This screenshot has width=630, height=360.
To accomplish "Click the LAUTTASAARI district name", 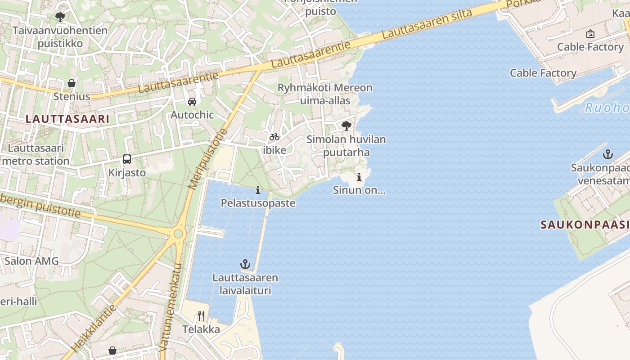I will pos(67,119).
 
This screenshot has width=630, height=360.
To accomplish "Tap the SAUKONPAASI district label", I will pos(585,225).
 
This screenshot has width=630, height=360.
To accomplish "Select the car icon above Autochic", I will pos(192,102).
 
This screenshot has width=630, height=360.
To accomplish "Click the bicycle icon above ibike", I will pos(274,137).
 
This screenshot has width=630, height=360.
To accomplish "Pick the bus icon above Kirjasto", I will pos(127,159).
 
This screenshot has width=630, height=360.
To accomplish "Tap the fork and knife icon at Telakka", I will pos(201,316).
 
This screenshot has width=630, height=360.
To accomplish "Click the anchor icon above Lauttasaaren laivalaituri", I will pos(245,264).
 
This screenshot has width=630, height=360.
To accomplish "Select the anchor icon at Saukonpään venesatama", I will pos(608,154).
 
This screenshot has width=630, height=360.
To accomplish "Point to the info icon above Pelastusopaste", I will pos(258,190).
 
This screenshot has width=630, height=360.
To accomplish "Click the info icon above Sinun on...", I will pos(359,177).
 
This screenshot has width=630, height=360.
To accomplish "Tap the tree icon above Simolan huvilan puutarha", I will pos(346,126).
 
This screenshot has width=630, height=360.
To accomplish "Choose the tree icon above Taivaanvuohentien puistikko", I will pos(60,18).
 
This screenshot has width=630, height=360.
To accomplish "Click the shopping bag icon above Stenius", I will pos(72,83).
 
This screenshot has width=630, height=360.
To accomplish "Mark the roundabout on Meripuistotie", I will pos(179,234).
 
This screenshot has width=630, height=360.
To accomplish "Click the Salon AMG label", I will pos(31,261).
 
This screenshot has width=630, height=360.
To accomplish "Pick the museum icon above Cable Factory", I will pos(590,34).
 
